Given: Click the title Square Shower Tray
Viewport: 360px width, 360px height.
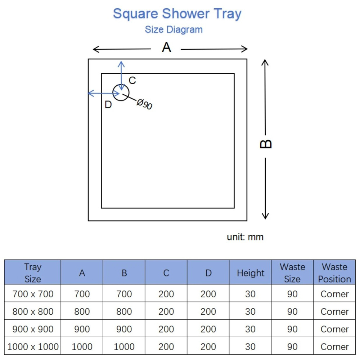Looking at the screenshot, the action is (177, 14).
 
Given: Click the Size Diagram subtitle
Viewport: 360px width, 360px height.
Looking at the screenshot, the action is (174, 30).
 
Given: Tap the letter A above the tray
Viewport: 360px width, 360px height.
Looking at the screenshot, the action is (166, 47).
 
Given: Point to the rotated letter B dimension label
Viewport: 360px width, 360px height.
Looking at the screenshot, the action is (266, 144).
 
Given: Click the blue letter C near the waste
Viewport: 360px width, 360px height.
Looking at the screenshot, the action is (132, 80).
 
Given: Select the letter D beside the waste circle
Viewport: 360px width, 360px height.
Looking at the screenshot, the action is (108, 105).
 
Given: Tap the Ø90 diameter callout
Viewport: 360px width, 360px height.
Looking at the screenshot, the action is (144, 104).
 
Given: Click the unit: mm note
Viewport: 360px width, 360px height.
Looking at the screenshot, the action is (245, 237).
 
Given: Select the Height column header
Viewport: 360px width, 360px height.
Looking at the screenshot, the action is (251, 273).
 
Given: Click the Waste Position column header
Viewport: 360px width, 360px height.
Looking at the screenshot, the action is (334, 273).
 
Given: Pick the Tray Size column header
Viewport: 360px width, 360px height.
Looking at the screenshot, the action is (33, 273).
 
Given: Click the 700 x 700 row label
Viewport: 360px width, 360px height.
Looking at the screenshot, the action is (33, 294).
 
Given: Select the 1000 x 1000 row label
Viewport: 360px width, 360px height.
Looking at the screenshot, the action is (33, 347).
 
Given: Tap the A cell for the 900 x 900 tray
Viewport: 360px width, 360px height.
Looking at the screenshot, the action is (82, 329).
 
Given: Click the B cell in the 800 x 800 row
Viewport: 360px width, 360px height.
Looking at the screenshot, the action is (124, 312).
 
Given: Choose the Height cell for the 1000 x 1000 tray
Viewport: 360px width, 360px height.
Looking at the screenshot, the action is (250, 347).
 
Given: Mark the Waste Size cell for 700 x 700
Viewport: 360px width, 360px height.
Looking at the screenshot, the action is (292, 294).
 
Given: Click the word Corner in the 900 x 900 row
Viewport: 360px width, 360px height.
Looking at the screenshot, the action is (334, 329).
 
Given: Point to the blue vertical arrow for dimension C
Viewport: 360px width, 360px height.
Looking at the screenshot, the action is (121, 76).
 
